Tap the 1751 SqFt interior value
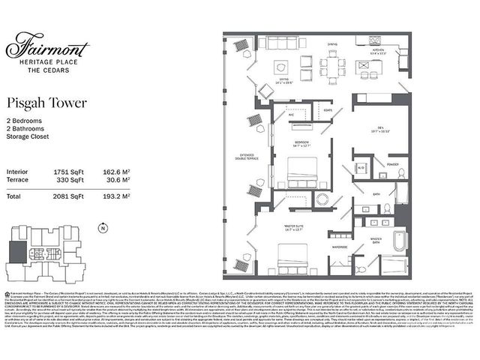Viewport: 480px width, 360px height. [x=67, y=172]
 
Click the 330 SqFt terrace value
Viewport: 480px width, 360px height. [x=67, y=180]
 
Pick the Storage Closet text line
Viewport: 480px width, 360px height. [x=32, y=136]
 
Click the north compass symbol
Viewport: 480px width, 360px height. [x=102, y=228]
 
